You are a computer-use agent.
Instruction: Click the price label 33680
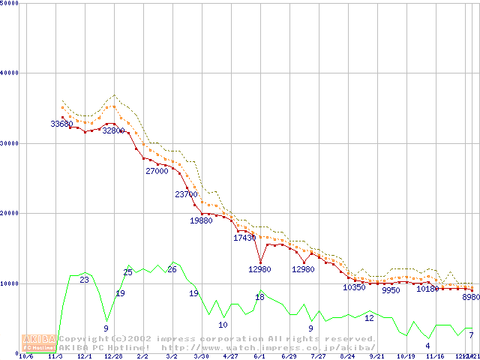click(x=62, y=124)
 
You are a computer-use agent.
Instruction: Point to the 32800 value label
click(x=113, y=130)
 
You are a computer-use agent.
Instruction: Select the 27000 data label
click(x=157, y=171)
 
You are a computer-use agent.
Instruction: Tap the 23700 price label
click(x=186, y=194)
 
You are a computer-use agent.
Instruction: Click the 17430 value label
click(x=244, y=238)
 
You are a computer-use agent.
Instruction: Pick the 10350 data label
click(x=354, y=287)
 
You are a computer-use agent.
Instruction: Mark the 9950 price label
click(x=391, y=290)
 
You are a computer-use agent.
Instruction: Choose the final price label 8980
click(x=470, y=298)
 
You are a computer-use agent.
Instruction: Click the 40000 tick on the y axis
click(x=10, y=73)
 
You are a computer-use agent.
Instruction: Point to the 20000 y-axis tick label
click(x=10, y=213)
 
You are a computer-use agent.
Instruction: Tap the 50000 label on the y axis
click(x=10, y=3)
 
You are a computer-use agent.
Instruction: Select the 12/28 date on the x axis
click(x=113, y=356)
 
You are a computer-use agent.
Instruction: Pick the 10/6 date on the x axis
click(x=25, y=356)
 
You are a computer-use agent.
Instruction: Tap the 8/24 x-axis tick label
click(x=347, y=356)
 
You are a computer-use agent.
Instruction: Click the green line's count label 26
click(x=172, y=269)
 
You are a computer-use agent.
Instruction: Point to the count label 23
click(x=84, y=280)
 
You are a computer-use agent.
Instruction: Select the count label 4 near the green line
click(x=427, y=346)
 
